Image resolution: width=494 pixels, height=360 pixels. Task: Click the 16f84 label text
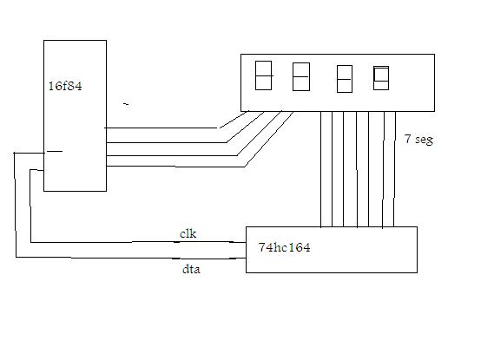pyautogui.click(x=65, y=86)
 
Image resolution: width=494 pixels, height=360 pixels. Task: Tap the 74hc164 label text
pyautogui.click(x=284, y=247)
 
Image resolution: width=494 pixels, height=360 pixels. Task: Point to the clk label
pyautogui.click(x=188, y=233)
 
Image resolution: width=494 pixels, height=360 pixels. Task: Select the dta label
pyautogui.click(x=191, y=269)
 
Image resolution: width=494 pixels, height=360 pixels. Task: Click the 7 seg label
pyautogui.click(x=418, y=139)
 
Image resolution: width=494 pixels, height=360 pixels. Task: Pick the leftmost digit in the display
pyautogui.click(x=263, y=75)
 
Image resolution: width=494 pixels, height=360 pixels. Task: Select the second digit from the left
pyautogui.click(x=301, y=77)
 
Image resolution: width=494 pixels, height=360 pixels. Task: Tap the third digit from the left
pyautogui.click(x=345, y=79)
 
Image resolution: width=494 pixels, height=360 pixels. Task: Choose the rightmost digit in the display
pyautogui.click(x=381, y=78)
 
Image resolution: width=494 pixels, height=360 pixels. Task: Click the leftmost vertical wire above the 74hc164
pyautogui.click(x=320, y=169)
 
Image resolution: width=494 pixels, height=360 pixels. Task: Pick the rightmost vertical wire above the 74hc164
pyautogui.click(x=394, y=169)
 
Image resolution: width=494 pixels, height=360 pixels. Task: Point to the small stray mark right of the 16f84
pyautogui.click(x=126, y=104)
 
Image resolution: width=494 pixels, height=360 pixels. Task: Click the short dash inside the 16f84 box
pyautogui.click(x=55, y=151)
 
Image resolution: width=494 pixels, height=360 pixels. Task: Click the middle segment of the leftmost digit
pyautogui.click(x=264, y=75)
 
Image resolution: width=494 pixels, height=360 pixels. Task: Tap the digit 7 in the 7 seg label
pyautogui.click(x=408, y=139)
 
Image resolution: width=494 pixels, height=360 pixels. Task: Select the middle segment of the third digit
pyautogui.click(x=345, y=79)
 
